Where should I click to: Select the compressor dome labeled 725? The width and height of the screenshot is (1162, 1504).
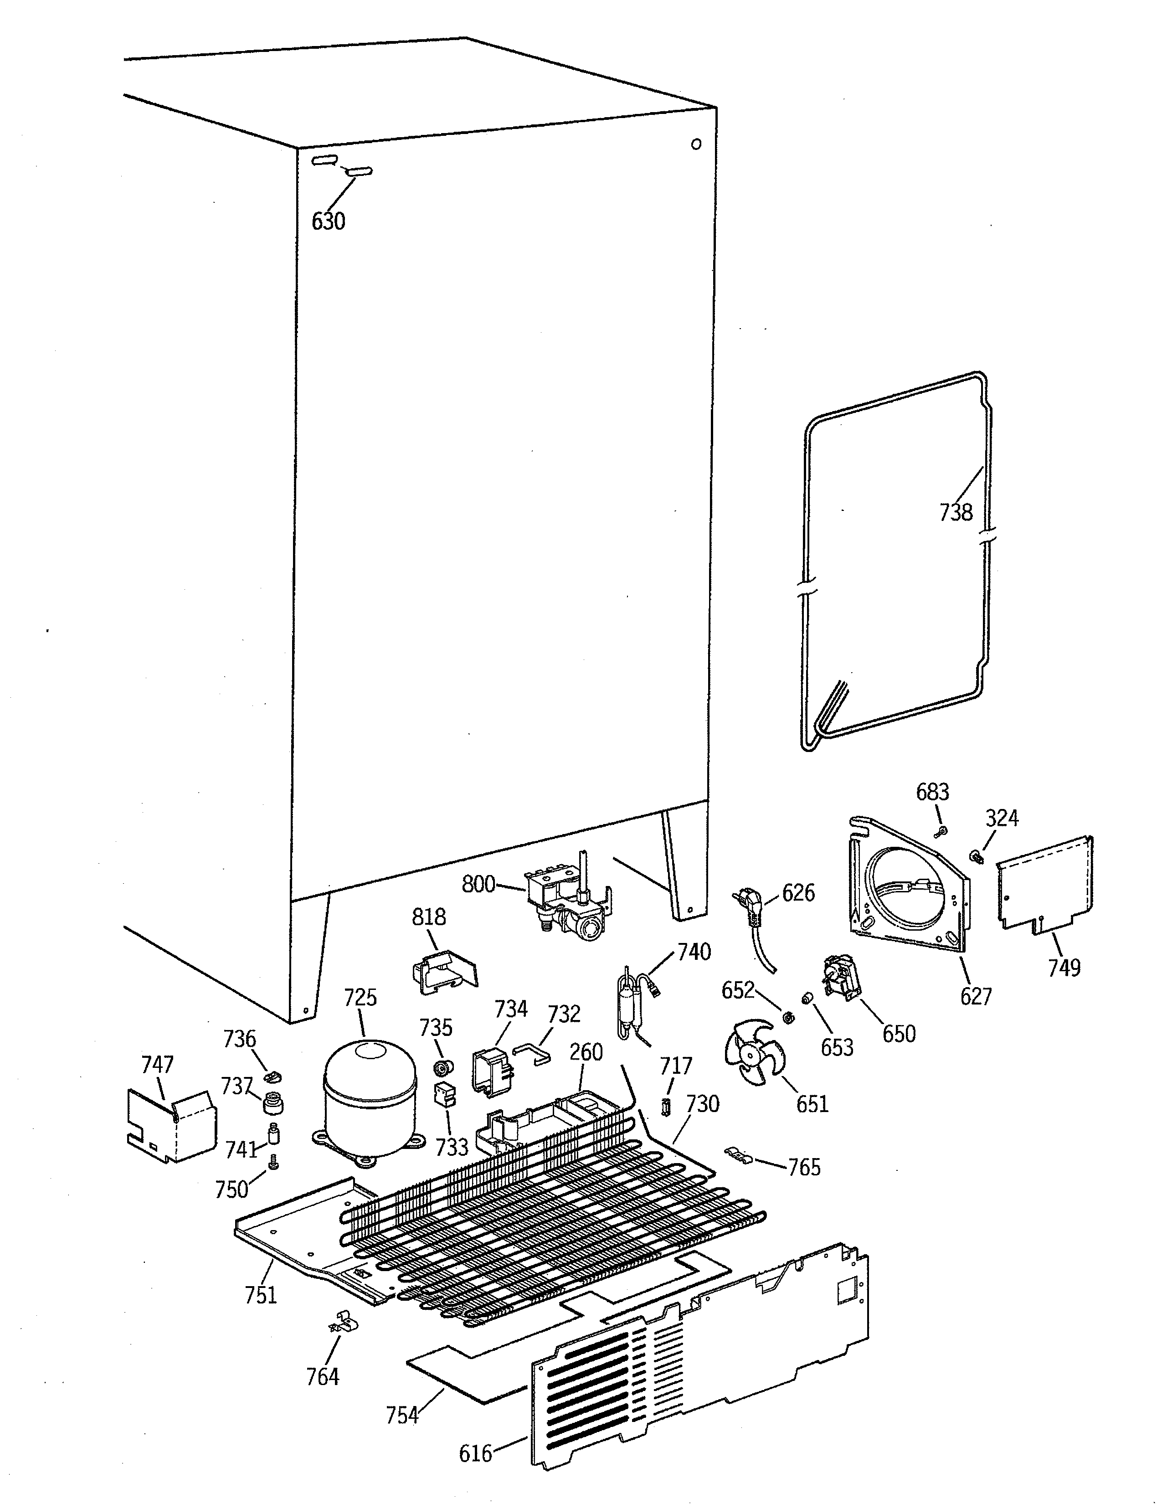370,1102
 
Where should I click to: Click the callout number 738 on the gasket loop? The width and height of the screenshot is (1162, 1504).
956,512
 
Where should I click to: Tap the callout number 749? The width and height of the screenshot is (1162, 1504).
1064,968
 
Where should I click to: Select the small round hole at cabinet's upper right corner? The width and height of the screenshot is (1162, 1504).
696,144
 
